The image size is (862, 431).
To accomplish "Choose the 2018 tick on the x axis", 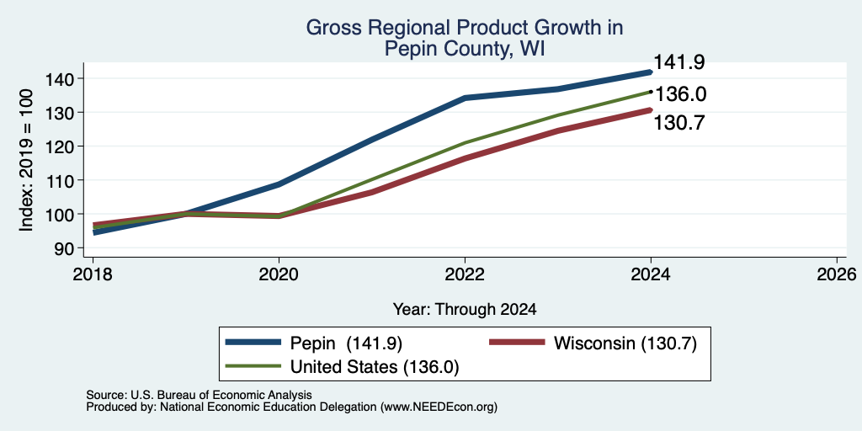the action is tap(93, 274).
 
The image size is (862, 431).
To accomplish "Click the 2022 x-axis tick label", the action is tap(465, 274).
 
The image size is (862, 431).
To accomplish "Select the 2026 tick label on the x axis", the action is tap(837, 274).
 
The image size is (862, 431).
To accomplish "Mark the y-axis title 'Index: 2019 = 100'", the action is tap(28, 160).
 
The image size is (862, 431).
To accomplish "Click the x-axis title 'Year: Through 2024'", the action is tap(465, 310).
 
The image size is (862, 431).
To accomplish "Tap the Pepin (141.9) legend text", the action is tap(346, 343).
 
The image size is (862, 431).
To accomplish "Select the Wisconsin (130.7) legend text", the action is tap(625, 343).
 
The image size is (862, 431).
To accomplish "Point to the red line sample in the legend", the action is tap(517, 343).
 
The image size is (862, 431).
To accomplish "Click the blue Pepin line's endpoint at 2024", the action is tap(651, 72).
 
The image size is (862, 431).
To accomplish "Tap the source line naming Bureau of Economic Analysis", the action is tap(199, 395).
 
